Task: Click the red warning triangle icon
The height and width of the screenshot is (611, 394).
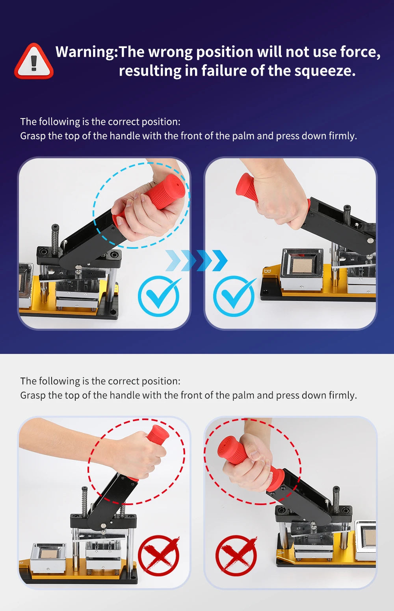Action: [x=33, y=62]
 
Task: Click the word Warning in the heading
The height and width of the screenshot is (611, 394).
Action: [x=85, y=52]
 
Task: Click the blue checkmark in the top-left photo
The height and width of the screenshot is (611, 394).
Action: [x=159, y=296]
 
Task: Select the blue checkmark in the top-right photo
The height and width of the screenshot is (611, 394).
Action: [x=234, y=296]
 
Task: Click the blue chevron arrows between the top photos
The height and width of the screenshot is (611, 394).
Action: [x=196, y=260]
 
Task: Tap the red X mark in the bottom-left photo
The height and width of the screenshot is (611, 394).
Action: [x=159, y=555]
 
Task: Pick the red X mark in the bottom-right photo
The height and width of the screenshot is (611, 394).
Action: [x=236, y=555]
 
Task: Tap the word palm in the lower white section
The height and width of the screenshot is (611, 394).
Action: [x=243, y=395]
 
